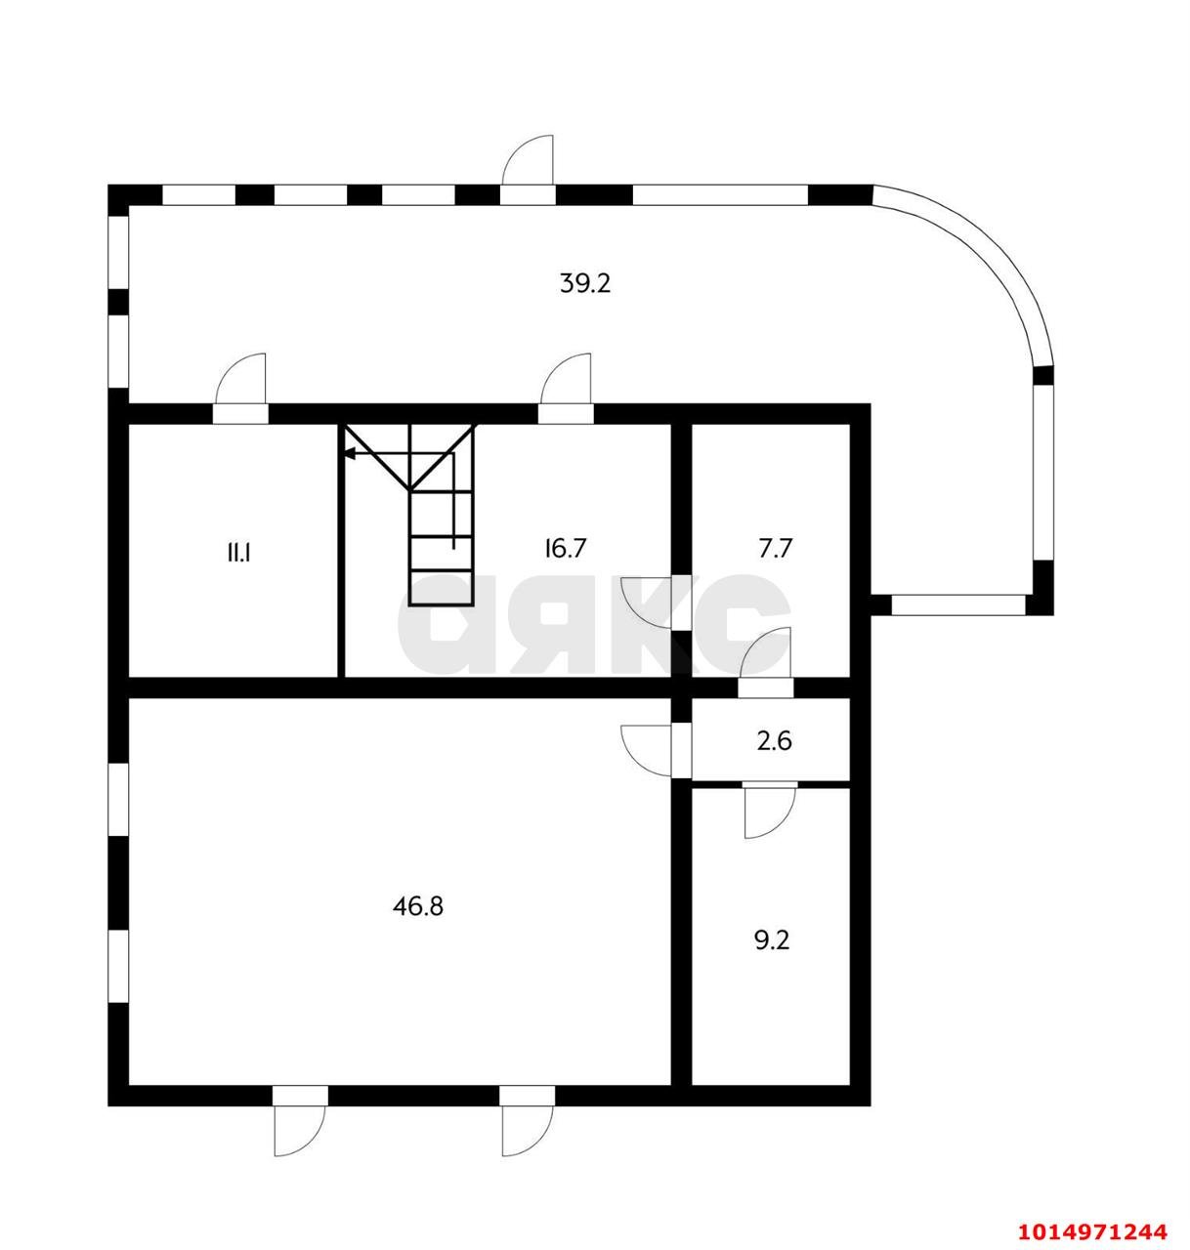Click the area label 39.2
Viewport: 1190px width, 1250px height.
click(585, 283)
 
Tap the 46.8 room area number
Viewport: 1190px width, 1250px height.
click(417, 906)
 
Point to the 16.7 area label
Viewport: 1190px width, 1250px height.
click(565, 548)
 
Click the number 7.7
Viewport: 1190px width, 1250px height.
click(775, 548)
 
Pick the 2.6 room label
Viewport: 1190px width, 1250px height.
click(774, 741)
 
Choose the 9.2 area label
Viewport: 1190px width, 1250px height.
click(772, 940)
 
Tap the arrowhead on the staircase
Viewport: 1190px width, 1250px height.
click(349, 454)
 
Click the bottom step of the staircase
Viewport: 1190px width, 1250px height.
click(442, 589)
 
